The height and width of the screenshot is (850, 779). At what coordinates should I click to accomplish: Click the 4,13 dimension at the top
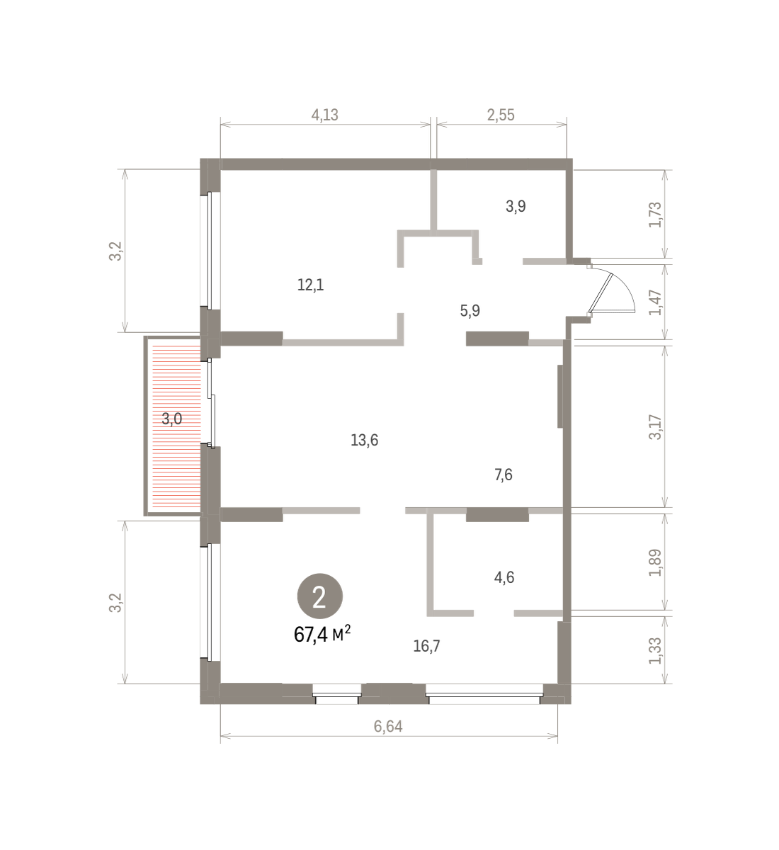[324, 115]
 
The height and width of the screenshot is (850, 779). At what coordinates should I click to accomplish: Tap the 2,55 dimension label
[501, 115]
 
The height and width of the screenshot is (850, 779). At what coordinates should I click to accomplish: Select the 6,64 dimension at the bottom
[388, 726]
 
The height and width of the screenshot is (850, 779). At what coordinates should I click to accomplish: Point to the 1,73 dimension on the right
[655, 215]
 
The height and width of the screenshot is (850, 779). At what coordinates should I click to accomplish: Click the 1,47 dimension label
[655, 302]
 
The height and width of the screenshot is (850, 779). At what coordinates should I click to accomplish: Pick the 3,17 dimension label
[655, 427]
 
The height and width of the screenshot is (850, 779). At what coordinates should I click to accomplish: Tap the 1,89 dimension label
[655, 562]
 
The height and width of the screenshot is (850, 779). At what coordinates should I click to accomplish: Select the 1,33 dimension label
[655, 651]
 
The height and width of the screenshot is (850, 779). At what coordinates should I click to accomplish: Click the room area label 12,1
[311, 285]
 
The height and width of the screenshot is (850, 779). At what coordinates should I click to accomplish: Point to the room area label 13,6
[365, 441]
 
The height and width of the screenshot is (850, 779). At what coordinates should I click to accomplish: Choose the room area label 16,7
[426, 646]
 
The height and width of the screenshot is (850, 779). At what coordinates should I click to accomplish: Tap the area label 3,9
[516, 206]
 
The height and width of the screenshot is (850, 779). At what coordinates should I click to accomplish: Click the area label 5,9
[470, 311]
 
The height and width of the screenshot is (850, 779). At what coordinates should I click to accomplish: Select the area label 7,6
[504, 475]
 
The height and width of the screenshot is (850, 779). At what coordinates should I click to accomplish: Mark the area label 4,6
[504, 577]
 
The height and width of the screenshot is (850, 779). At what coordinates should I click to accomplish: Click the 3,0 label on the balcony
[172, 419]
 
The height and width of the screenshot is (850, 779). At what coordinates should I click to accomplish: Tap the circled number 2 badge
[320, 596]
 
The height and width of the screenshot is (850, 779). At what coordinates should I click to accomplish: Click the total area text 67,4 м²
[322, 635]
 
